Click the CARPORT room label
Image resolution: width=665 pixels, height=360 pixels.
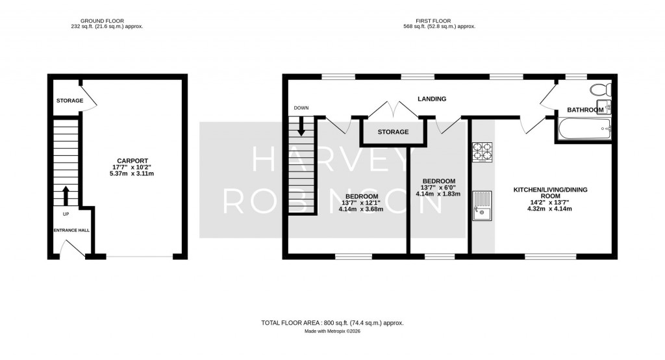click(x=132, y=161)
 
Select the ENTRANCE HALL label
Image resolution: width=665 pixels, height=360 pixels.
click(x=71, y=230)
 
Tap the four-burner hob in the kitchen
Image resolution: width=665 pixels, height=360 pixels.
click(x=482, y=151)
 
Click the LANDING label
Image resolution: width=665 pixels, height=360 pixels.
click(x=432, y=99)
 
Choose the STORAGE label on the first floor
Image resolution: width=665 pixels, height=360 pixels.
click(x=394, y=132)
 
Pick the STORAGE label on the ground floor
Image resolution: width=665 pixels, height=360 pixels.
click(x=69, y=101)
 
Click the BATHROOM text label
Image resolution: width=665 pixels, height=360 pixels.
click(x=585, y=110)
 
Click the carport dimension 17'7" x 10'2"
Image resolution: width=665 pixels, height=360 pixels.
click(x=132, y=167)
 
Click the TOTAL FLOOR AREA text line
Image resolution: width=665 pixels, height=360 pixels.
click(x=332, y=322)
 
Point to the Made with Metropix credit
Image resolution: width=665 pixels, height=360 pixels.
click(x=332, y=331)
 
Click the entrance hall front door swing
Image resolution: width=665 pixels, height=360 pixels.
click(x=68, y=248)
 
